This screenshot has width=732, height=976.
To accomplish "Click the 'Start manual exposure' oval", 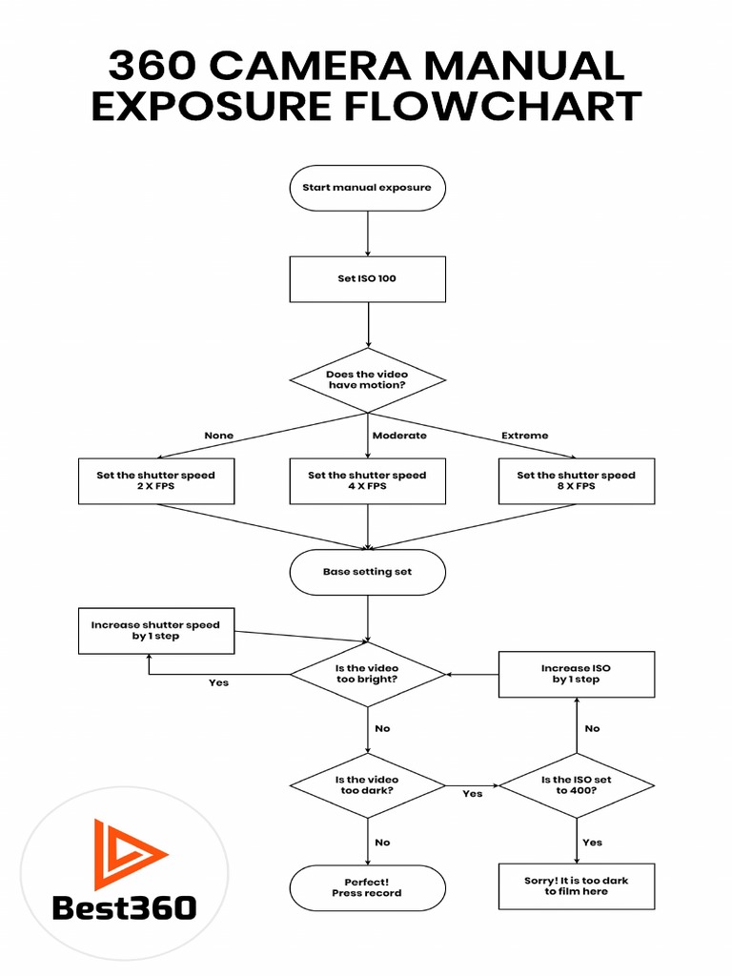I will coord(367,188).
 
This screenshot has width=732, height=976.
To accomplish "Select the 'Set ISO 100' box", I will coord(367,280).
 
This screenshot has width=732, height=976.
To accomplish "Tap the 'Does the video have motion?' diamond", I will coord(367,380).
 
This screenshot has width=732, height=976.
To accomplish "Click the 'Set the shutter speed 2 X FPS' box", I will coord(155,480).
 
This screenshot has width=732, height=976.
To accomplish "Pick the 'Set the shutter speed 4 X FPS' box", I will coord(367,480).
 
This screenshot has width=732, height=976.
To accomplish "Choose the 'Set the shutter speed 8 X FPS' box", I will coord(577,480).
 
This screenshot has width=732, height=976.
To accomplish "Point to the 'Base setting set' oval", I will coord(367,573).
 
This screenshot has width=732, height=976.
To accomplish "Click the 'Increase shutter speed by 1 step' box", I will coord(155,631).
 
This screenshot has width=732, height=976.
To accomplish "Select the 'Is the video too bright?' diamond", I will coord(367,674).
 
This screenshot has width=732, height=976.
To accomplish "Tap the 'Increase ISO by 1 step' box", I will coord(577,674).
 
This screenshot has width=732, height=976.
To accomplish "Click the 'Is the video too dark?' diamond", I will coord(367,785).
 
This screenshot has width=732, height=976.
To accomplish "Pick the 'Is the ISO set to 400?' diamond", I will coord(577,785).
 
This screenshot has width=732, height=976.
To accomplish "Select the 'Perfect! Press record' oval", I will coord(367,887).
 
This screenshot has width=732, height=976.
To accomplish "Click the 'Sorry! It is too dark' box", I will coord(577,886).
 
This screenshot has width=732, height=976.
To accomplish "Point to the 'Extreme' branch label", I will coord(525,436).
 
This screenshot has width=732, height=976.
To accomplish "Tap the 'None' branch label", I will coord(218,436).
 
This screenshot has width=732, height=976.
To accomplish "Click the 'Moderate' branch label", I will coord(399,436).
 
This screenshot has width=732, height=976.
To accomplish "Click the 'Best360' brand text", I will coord(124,907).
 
